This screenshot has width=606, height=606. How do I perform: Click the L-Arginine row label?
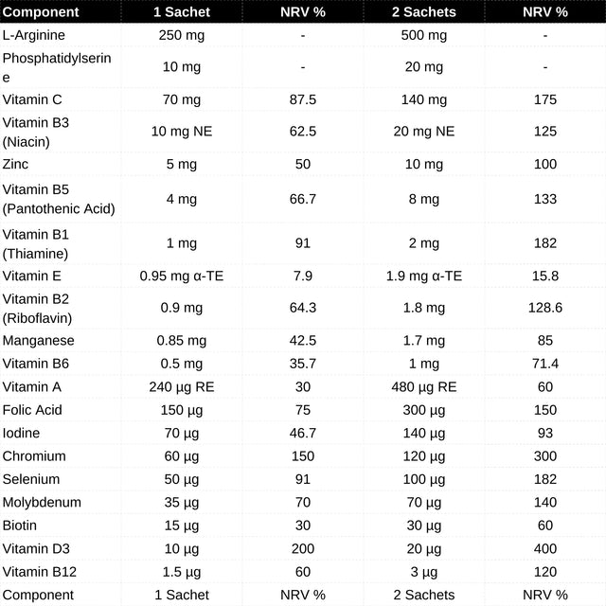tap(34, 35)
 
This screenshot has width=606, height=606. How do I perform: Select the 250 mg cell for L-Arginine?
tap(181, 35)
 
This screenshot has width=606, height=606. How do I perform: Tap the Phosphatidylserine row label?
tap(57, 67)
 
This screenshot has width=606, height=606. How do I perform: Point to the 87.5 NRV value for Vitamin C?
tap(302, 99)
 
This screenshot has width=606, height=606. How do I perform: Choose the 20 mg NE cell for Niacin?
tap(423, 132)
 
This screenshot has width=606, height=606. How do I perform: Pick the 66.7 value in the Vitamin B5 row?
tap(302, 199)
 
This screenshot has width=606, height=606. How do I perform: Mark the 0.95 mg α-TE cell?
tap(181, 276)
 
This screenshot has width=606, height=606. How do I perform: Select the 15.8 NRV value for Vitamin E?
tap(545, 276)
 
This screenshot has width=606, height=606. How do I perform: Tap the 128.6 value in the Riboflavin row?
tap(545, 308)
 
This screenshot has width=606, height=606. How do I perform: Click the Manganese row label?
tap(39, 340)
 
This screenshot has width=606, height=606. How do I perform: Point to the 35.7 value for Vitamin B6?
tap(302, 364)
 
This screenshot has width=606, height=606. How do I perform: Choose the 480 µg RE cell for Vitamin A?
tap(423, 386)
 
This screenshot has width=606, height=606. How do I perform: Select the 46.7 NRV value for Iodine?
tap(302, 433)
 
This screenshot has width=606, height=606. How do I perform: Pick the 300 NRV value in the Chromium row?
tap(545, 456)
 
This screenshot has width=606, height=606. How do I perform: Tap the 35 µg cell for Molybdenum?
tap(181, 502)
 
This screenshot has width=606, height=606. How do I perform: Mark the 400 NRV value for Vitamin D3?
tap(545, 548)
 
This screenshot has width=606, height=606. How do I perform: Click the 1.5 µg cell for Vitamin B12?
tap(181, 572)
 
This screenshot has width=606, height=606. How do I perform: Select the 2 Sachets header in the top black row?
tap(423, 12)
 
